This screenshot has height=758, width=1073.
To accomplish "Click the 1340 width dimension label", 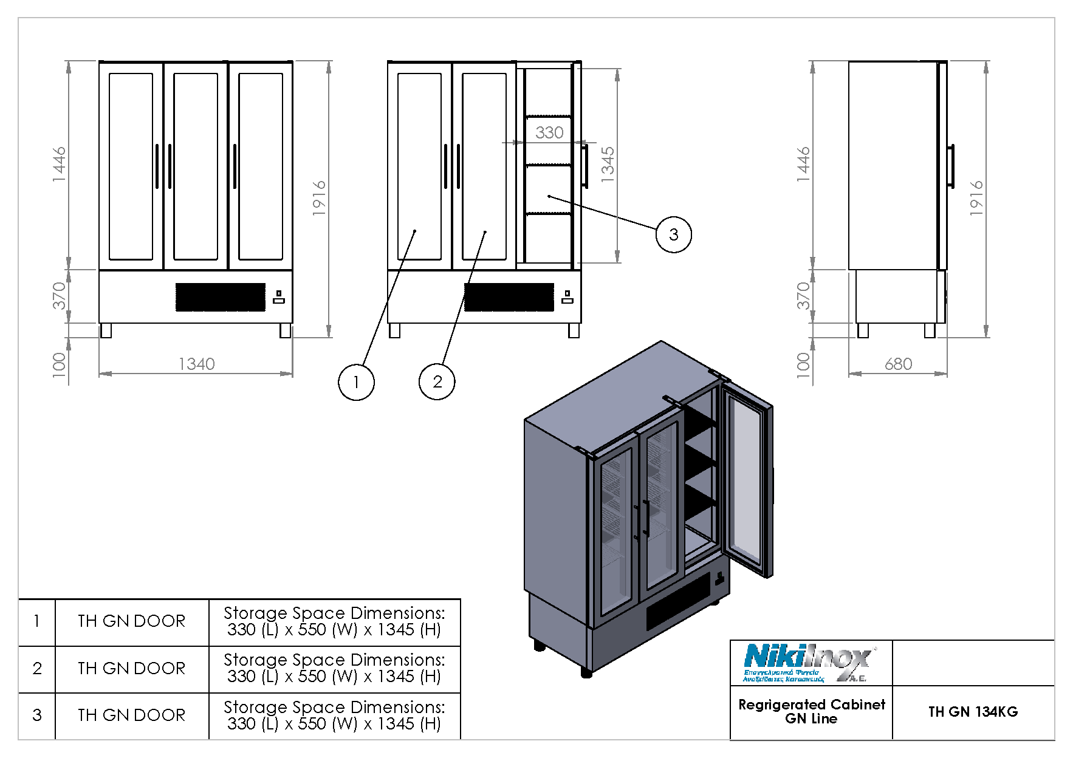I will pos(196,364).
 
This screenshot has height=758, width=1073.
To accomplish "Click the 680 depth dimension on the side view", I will pos(898,364).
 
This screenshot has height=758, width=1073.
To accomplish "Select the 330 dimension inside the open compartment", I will pos(549,132).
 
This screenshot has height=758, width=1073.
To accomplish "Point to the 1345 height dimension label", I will pos(608,162).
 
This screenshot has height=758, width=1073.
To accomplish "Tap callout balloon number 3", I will pos(673,234).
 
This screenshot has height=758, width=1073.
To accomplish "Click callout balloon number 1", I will pos(355,382).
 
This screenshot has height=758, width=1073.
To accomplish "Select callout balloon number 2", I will pos(437,382).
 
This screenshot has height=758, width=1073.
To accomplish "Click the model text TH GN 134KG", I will pos(972,712).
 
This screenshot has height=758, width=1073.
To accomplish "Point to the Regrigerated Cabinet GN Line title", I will pos(811,712).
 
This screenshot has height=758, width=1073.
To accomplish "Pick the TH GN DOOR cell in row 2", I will pos(131,669).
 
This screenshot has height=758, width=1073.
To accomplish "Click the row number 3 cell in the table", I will pos(37,715).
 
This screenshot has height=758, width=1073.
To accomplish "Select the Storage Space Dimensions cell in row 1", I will pos(334,621).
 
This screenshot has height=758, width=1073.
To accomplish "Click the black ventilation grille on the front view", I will pos(221,297).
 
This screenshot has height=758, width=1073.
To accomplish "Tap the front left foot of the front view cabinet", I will pos(106,330).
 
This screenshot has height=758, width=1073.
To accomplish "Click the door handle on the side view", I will pos(951,166).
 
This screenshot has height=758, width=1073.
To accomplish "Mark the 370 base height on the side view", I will pos(803,296).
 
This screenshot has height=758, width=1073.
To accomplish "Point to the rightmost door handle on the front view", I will pos(235,166).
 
